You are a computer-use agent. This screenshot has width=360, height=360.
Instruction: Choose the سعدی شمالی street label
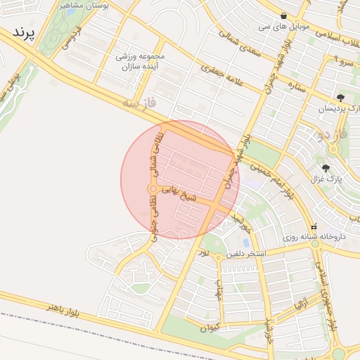(x=238, y=41)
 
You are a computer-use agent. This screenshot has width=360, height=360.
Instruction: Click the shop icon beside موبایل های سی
(x=283, y=15)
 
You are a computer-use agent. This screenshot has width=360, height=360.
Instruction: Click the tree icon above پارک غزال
(x=326, y=168)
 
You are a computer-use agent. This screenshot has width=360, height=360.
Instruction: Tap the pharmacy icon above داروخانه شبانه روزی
(x=314, y=227)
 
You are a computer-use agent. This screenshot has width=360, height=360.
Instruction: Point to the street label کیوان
(x=210, y=327)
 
